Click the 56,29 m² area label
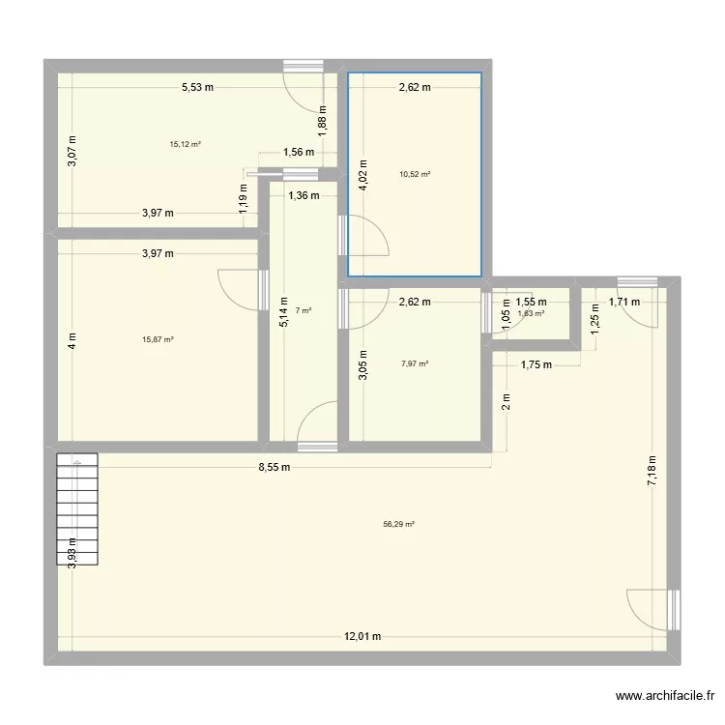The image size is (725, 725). pyautogui.click(x=398, y=524)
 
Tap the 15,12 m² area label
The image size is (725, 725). pyautogui.click(x=185, y=144)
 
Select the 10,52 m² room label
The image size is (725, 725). pyautogui.click(x=415, y=175)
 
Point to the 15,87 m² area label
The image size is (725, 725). pyautogui.click(x=159, y=339)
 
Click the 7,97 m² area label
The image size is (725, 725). pyautogui.click(x=415, y=364)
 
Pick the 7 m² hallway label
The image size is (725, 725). pyautogui.click(x=304, y=310)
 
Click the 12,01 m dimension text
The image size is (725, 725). pyautogui.click(x=362, y=636)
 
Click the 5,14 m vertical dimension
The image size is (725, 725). pyautogui.click(x=283, y=313)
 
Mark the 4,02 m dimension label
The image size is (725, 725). pyautogui.click(x=362, y=177)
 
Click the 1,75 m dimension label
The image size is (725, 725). pyautogui.click(x=536, y=364)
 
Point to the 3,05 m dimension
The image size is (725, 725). pyautogui.click(x=362, y=364)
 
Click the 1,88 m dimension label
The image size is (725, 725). pyautogui.click(x=323, y=116)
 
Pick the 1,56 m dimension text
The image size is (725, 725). pyautogui.click(x=298, y=151)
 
